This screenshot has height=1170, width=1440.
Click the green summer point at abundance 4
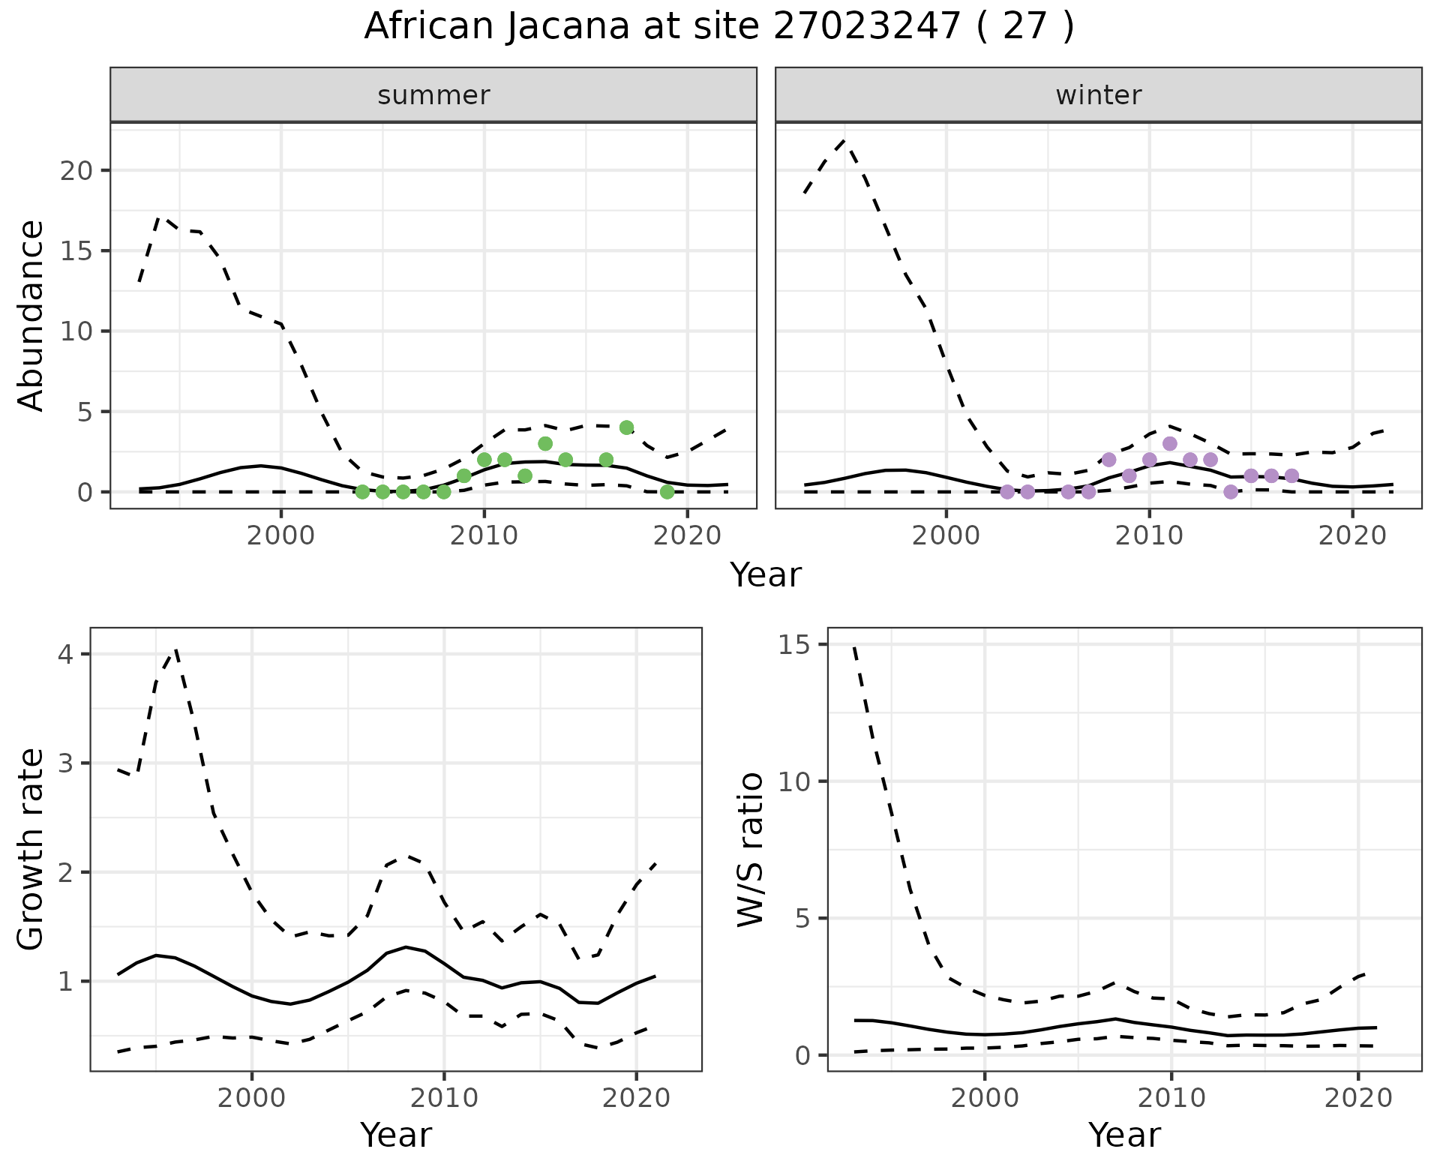pyautogui.click(x=627, y=427)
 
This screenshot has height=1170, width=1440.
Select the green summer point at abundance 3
pyautogui.click(x=545, y=444)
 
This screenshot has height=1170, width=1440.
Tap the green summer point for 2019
pyautogui.click(x=667, y=492)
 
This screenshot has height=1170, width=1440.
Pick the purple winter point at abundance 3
pyautogui.click(x=1170, y=444)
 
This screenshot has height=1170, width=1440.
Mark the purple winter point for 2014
pyautogui.click(x=1231, y=492)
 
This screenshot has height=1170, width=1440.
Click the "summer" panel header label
pyautogui.click(x=433, y=95)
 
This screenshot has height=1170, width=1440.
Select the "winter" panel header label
pyautogui.click(x=1099, y=95)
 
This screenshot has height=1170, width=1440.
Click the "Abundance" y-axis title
pyautogui.click(x=31, y=315)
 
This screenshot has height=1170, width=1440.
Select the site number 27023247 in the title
pyautogui.click(x=867, y=27)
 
